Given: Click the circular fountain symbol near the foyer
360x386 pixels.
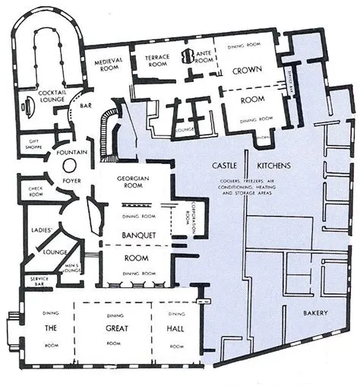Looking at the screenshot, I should [x=68, y=166].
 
